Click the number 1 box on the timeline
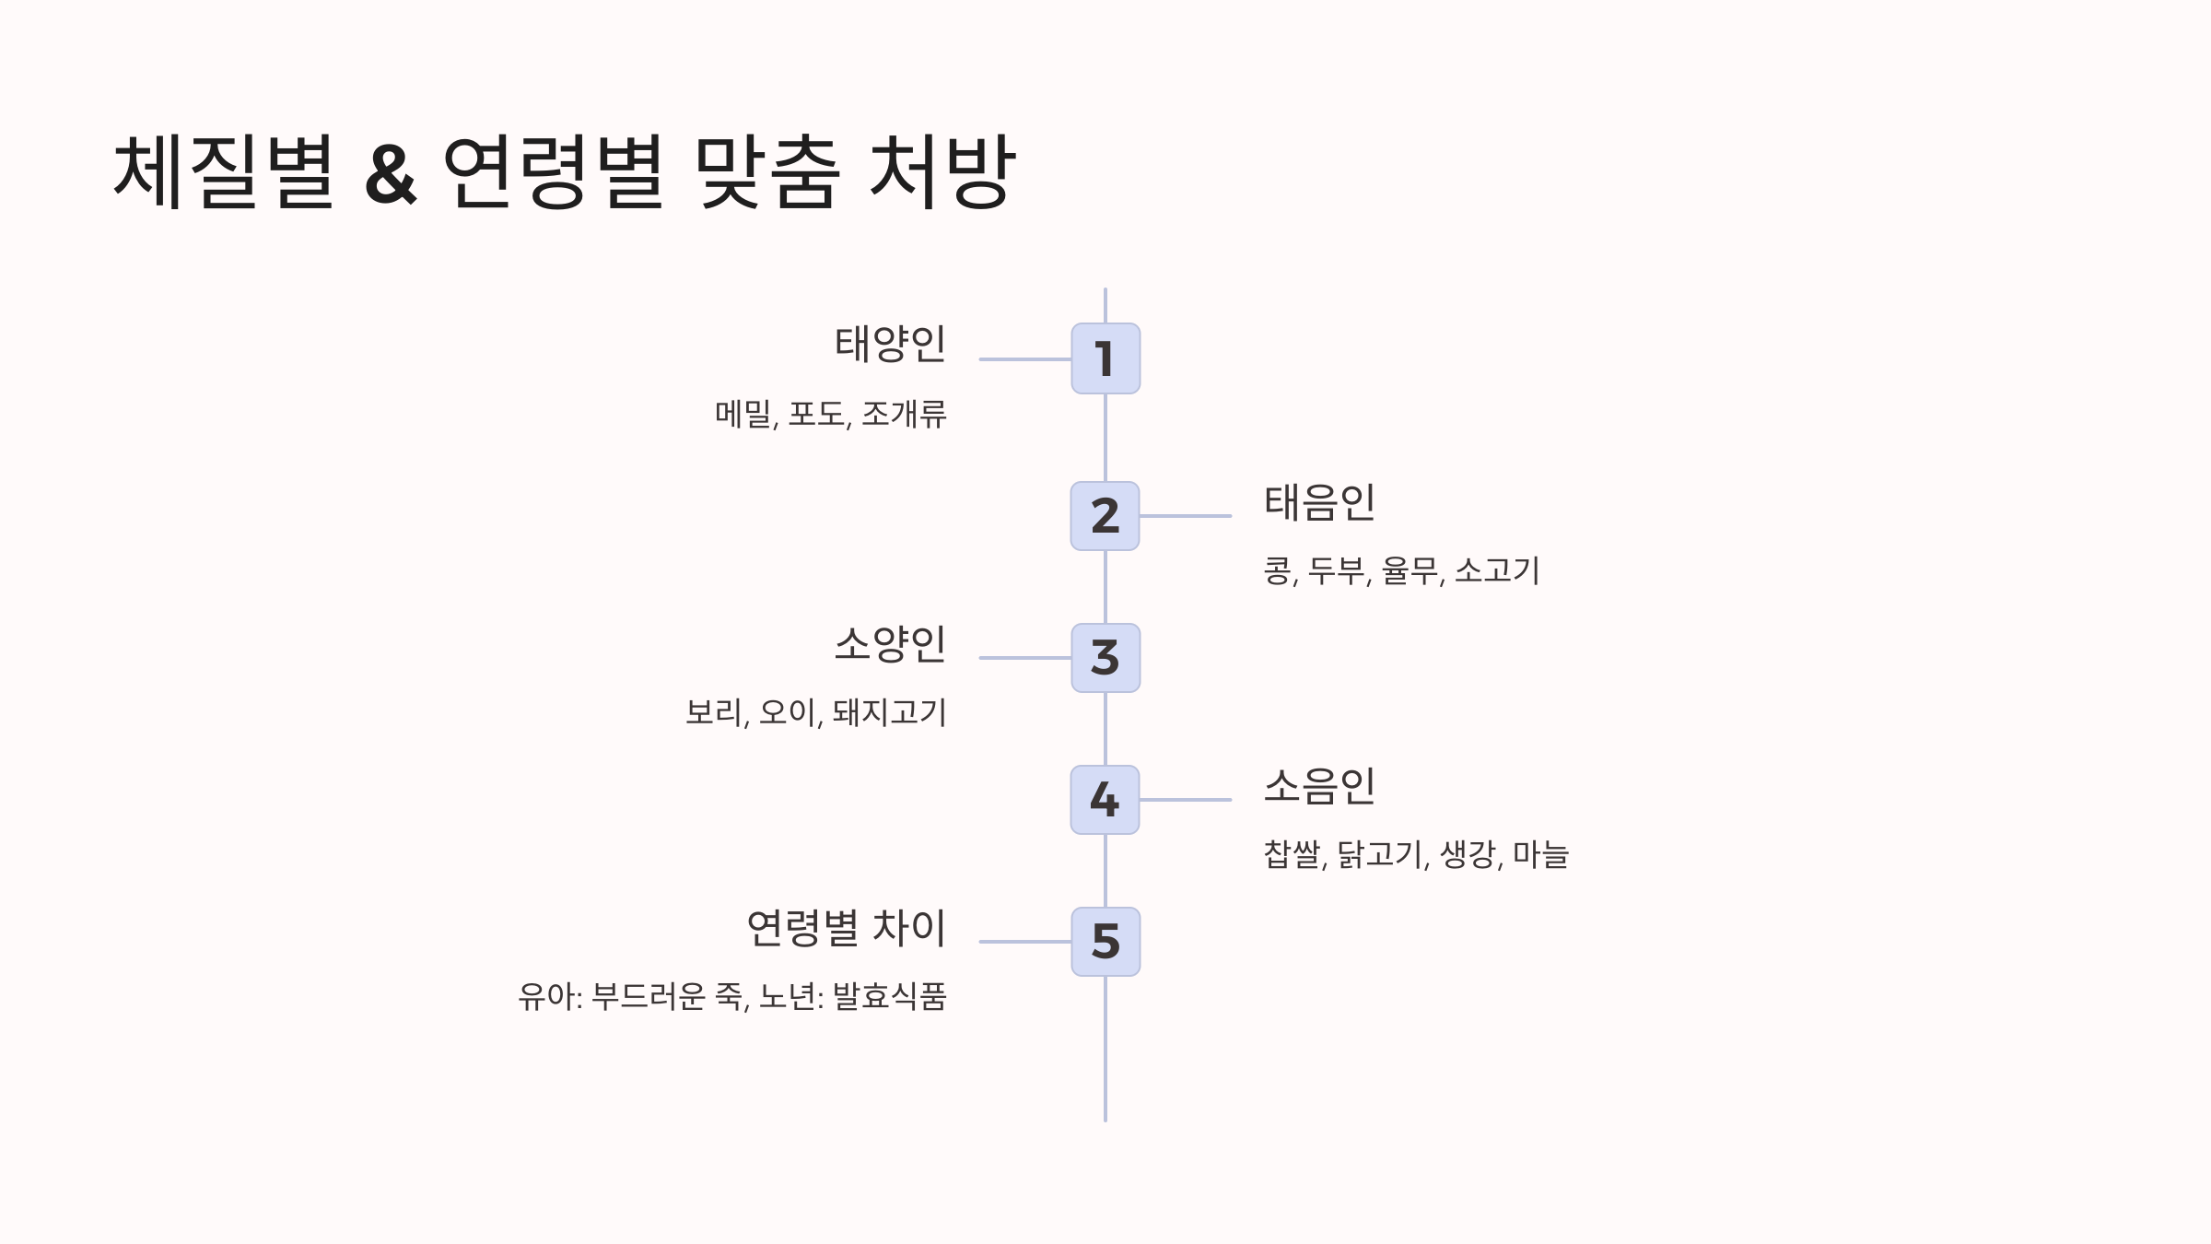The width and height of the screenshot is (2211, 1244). [x=1105, y=358]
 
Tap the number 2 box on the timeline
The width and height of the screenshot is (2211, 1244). [x=1105, y=516]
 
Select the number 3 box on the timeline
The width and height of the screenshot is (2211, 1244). [x=1105, y=658]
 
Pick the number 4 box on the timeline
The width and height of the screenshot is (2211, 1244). [x=1105, y=800]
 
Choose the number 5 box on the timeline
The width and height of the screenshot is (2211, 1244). [x=1105, y=942]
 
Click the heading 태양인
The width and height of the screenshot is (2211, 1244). [x=890, y=345]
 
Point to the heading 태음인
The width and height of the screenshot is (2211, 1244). [x=1319, y=503]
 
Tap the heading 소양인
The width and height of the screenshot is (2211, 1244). [x=890, y=644]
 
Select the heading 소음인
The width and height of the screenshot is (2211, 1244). [x=1319, y=787]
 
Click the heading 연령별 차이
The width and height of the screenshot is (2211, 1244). [x=846, y=928]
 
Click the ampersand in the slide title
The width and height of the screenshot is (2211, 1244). [x=391, y=173]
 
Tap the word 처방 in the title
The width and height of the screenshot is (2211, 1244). [x=942, y=173]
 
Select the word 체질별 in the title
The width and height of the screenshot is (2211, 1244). [x=224, y=173]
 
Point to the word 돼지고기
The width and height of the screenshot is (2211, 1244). [x=890, y=713]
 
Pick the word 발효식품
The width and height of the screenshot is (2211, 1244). [x=890, y=997]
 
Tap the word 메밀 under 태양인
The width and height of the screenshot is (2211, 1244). [x=743, y=415]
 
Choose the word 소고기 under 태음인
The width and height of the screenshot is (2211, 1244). [x=1497, y=571]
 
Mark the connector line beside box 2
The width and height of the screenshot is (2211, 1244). [x=1186, y=516]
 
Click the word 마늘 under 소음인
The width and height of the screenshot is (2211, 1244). [x=1540, y=855]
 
